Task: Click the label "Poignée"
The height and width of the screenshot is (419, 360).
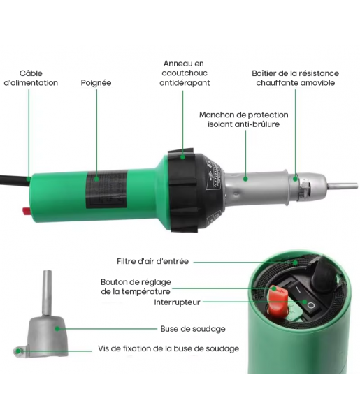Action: (x=96, y=83)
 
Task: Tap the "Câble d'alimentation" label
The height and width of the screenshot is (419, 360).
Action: (x=31, y=78)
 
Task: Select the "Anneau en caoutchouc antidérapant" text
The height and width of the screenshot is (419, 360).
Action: (x=185, y=73)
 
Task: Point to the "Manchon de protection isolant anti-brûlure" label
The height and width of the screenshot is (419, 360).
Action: (x=244, y=119)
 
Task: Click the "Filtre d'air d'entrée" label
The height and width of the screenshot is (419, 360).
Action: (x=152, y=261)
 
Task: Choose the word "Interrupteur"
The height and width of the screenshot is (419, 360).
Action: (x=177, y=302)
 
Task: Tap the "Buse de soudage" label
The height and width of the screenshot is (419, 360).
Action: (x=193, y=329)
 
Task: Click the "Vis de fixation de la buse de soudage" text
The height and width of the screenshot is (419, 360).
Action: (x=168, y=349)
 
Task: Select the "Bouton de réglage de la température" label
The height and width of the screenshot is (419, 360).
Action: (x=136, y=287)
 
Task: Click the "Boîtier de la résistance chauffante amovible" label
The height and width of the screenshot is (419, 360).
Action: (x=295, y=78)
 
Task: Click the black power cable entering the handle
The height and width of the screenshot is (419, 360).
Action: (x=15, y=179)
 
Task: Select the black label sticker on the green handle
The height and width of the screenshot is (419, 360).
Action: (x=107, y=189)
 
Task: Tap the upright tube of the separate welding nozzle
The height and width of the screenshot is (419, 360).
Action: (x=47, y=293)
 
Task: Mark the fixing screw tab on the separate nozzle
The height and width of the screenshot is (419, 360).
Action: (x=20, y=351)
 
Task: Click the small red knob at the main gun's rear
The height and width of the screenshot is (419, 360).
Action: (x=27, y=211)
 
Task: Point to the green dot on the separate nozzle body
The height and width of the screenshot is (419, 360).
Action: (x=57, y=329)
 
